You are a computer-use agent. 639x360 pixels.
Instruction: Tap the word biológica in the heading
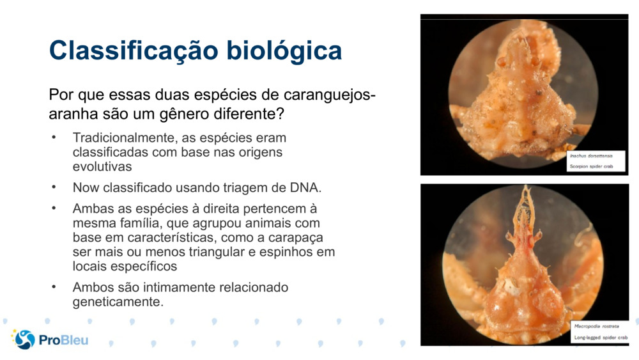point(284,51)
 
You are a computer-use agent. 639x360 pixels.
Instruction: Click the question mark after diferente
point(280,113)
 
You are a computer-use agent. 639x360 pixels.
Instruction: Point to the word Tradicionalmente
point(125,138)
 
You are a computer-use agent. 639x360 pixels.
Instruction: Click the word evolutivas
point(102,166)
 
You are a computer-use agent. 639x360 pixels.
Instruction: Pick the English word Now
point(86,187)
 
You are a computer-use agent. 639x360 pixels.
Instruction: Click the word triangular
point(217,253)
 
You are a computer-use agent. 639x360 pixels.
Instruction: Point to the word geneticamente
point(118,302)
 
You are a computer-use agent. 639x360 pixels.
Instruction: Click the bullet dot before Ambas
point(54,208)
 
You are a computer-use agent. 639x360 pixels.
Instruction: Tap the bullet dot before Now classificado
point(54,187)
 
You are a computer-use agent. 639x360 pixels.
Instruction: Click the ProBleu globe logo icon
point(24,339)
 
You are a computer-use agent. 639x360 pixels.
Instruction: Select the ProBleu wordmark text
point(63,340)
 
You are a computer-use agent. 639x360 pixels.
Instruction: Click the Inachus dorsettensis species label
point(591,156)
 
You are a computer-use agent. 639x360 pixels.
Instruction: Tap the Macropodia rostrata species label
point(597,326)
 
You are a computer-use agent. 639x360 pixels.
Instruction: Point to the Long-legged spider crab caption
point(601,338)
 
